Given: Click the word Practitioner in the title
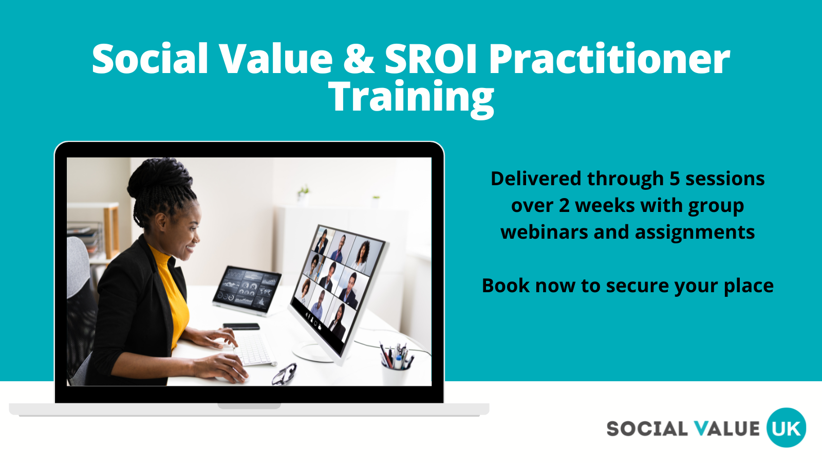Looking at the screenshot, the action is click(609, 59).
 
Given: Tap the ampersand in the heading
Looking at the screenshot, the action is click(359, 59).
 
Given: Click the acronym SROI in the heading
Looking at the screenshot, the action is click(431, 59).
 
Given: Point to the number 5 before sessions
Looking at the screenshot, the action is click(675, 179).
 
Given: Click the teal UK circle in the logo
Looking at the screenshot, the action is click(786, 428).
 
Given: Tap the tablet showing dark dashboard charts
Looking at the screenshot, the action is click(247, 290).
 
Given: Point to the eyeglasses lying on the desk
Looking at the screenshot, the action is click(284, 374).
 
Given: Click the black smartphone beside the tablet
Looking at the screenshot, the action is click(241, 326).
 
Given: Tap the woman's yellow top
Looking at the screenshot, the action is click(171, 294).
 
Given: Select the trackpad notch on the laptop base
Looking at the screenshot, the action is click(249, 406).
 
